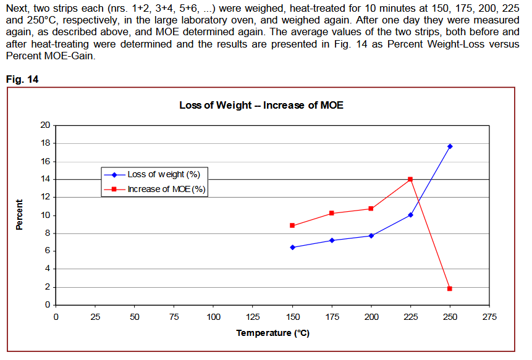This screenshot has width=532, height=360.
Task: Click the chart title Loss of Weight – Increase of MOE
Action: point(261,105)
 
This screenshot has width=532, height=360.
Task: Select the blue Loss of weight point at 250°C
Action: point(450,146)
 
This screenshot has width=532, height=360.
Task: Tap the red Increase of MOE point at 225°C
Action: point(410,179)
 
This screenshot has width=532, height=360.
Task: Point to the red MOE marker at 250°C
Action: point(450,288)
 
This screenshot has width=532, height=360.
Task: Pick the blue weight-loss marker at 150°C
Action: point(292,247)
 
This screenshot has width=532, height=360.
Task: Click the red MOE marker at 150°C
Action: point(292,225)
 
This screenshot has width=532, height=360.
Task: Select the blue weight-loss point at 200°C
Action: point(371,235)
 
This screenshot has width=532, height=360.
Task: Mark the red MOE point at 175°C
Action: point(332,213)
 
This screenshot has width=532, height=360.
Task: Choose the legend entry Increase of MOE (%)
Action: point(166,189)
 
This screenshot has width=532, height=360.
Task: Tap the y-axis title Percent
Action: point(19,215)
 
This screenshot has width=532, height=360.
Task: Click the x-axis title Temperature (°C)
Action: point(272,333)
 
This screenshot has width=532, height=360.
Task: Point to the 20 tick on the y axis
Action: point(45,125)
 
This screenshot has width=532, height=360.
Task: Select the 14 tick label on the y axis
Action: point(45,179)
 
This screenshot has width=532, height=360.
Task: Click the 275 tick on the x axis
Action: point(489,317)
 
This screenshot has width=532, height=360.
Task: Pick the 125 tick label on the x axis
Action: point(253,317)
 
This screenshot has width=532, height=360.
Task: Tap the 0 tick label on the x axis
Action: point(56,317)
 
